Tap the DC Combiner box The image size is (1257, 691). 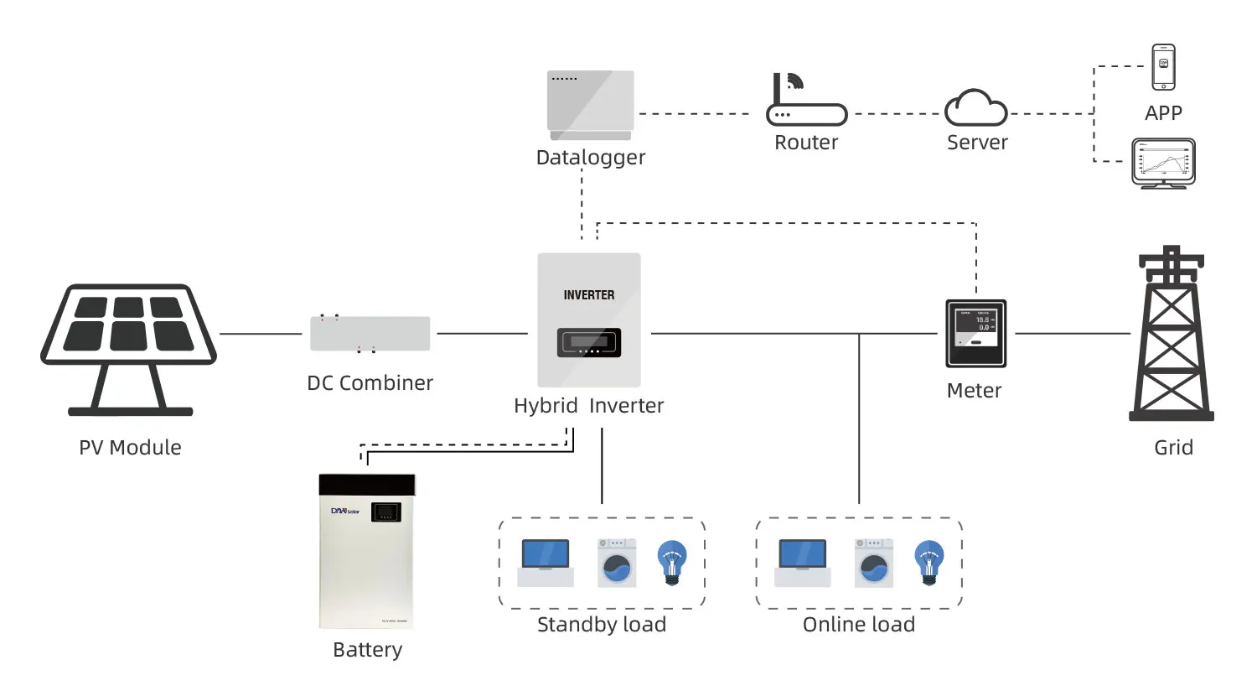(370, 334)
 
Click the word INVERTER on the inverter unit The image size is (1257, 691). (589, 295)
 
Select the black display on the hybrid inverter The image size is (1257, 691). (589, 342)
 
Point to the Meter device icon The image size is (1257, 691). (976, 333)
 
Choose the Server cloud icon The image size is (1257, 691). (976, 108)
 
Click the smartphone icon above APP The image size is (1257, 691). (1163, 66)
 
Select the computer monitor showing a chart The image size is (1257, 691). (1163, 163)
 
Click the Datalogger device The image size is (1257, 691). (591, 105)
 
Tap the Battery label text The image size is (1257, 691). (368, 650)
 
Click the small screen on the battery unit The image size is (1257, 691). (385, 512)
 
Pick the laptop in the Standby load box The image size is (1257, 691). (546, 562)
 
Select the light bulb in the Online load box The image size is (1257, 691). (929, 561)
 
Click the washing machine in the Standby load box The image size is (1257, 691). (617, 562)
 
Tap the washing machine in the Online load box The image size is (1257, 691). (874, 562)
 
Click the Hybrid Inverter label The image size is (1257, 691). (589, 406)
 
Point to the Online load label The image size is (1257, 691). (859, 625)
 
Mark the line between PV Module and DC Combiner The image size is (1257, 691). (261, 334)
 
